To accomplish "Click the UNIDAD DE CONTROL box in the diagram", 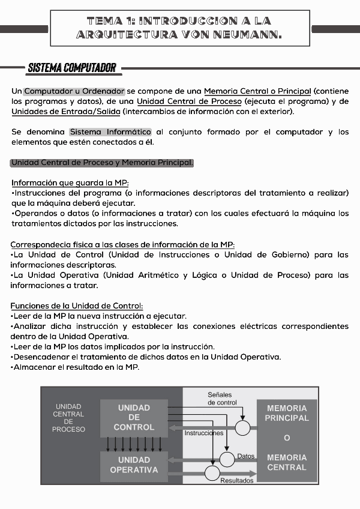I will pyautogui.click(x=134, y=418).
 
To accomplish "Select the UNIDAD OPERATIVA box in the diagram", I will pyautogui.click(x=134, y=465).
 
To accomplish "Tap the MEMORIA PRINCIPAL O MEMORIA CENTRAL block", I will pyautogui.click(x=287, y=438).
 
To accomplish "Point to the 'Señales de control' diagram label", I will pyautogui.click(x=223, y=399).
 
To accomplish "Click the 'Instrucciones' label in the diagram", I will pyautogui.click(x=204, y=433).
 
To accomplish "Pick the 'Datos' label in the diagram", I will pyautogui.click(x=246, y=456).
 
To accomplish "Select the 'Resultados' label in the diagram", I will pyautogui.click(x=237, y=480).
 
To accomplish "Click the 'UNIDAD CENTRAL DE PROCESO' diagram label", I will pyautogui.click(x=68, y=418).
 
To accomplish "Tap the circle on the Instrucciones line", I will pyautogui.click(x=242, y=428).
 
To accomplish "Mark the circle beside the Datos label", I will pyautogui.click(x=227, y=459).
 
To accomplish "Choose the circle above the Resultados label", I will pyautogui.click(x=212, y=473).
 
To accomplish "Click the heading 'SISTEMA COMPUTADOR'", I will pyautogui.click(x=71, y=68).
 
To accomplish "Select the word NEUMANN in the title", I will pyautogui.click(x=247, y=35).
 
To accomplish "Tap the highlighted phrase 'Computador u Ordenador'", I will pyautogui.click(x=74, y=91).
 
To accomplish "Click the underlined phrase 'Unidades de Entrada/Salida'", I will pyautogui.click(x=65, y=112).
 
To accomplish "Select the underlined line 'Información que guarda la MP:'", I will pyautogui.click(x=70, y=182).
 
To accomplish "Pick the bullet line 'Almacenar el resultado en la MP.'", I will pyautogui.click(x=76, y=367).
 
